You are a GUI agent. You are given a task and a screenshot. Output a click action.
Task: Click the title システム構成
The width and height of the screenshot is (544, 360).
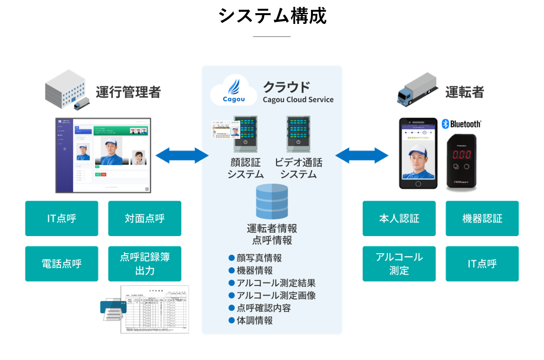coord(272,16)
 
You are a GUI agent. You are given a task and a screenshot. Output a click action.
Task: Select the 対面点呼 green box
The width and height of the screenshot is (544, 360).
coord(145,219)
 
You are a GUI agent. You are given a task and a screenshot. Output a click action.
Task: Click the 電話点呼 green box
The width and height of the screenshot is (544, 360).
coord(62,264)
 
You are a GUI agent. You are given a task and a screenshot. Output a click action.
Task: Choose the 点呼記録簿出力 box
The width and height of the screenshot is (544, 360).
coord(145,264)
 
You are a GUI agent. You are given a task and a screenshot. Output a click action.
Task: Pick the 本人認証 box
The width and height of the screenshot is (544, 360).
coord(399,219)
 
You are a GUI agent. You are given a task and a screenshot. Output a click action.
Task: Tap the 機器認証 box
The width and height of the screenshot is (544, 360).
coord(482,219)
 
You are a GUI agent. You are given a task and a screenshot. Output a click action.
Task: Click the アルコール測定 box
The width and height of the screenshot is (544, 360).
coord(399,264)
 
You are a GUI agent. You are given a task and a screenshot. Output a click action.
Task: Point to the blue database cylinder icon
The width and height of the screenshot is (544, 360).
coord(272,201)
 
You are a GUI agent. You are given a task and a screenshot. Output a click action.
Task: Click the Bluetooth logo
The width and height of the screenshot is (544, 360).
coord(462,124)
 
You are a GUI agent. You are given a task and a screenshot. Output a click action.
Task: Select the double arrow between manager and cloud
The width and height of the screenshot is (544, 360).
coord(182,156)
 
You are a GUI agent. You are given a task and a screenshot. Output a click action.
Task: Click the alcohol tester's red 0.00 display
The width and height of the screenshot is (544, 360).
coord(462,155)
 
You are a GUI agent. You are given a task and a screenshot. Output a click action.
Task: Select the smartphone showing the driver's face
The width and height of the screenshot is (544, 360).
coord(418,153)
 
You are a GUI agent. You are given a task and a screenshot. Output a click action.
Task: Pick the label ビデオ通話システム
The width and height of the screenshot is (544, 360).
coord(298,168)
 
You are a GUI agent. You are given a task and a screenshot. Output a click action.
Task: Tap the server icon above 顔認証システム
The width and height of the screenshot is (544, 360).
coord(246,132)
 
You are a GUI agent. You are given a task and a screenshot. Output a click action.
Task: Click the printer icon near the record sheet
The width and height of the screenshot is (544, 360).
coord(113,309)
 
